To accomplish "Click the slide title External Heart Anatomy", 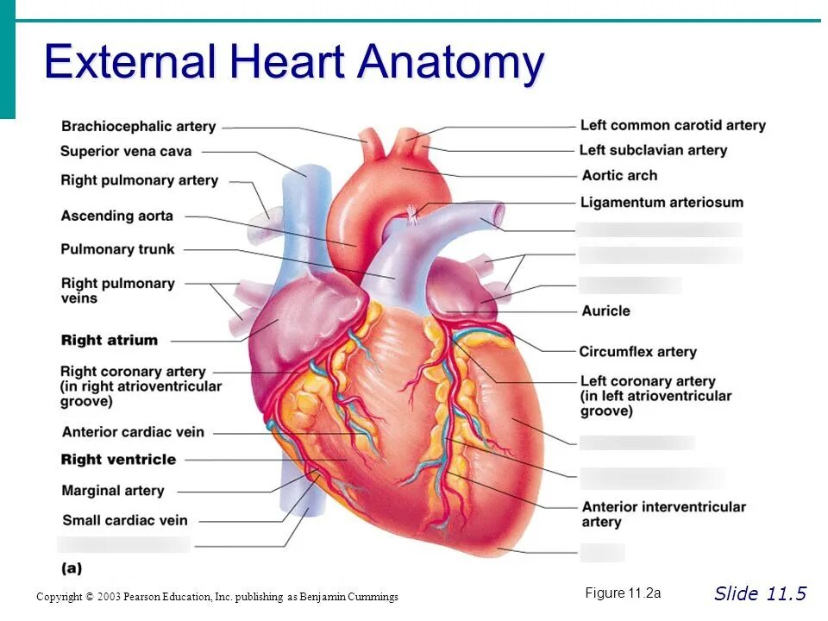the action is (x=294, y=62).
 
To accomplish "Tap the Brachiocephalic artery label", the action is (x=138, y=127).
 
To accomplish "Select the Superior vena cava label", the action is (x=126, y=152).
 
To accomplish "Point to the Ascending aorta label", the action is (x=116, y=216).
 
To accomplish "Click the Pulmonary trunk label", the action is (x=117, y=249).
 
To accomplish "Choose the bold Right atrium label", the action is (x=110, y=340).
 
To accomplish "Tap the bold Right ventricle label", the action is (x=118, y=460).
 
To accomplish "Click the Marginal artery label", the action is (x=112, y=491).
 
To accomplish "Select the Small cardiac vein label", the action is (x=124, y=520).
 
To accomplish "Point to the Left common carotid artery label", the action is (x=673, y=125).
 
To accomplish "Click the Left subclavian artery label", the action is (x=653, y=150).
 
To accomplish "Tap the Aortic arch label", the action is (x=619, y=175).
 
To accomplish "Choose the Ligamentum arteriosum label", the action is (x=662, y=203).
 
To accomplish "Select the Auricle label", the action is (x=605, y=310).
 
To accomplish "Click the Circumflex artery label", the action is (x=637, y=352).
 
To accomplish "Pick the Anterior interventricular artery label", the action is (x=663, y=514).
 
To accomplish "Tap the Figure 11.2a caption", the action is (x=623, y=593).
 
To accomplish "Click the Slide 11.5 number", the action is (x=760, y=593).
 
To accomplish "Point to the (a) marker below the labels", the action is (x=72, y=568).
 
